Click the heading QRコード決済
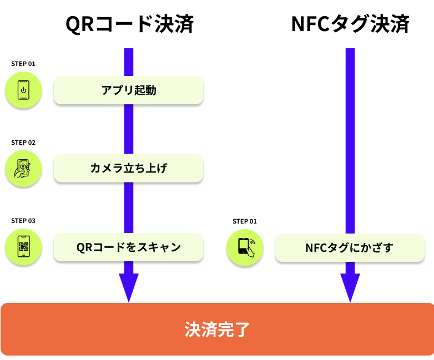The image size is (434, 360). click(129, 24)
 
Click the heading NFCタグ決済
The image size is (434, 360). click(350, 24)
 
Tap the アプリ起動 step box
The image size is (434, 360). click(128, 90)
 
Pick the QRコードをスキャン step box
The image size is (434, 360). click(128, 247)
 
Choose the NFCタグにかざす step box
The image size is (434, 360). click(350, 248)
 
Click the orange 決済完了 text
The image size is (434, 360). click(217, 329)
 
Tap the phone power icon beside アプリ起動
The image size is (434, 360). click(23, 90)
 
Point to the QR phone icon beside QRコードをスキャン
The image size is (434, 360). click(23, 247)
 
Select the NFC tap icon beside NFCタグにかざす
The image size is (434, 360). click(245, 248)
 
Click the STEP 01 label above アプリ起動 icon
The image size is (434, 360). click(23, 64)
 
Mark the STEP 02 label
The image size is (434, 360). click(23, 143)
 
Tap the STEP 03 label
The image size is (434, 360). click(23, 221)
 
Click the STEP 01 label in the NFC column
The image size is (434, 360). click(245, 221)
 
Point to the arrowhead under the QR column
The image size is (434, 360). click(129, 287)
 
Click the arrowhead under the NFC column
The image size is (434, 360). click(350, 287)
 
